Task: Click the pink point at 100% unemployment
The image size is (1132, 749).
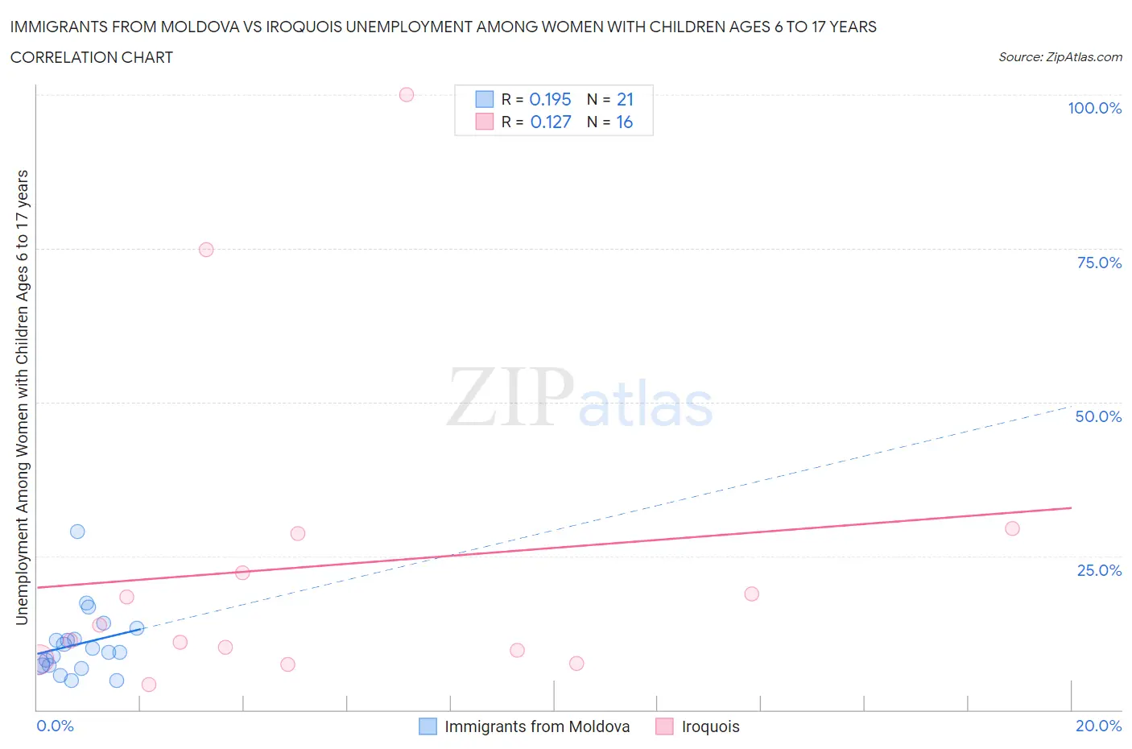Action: tap(407, 95)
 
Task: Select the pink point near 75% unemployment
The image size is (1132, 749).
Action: tap(206, 250)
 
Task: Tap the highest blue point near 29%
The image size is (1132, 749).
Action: tap(77, 532)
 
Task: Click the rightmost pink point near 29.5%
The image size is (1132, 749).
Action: tap(1012, 528)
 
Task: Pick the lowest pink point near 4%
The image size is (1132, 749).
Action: tap(149, 685)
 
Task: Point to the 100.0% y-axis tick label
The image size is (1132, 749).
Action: tap(1094, 108)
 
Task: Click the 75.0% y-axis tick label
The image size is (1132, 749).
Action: tap(1099, 263)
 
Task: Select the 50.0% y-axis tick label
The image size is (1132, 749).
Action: tap(1098, 416)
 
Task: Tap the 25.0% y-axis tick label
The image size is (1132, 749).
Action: tap(1099, 570)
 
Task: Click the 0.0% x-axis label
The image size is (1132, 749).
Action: tap(55, 726)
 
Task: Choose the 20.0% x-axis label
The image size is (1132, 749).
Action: tap(1098, 726)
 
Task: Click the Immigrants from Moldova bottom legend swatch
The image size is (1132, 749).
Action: tap(428, 726)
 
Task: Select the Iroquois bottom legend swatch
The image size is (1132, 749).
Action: tap(664, 726)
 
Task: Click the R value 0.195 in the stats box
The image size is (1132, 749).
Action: tap(550, 100)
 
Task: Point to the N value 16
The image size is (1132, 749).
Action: tap(625, 122)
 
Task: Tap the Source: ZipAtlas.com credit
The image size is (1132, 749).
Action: tap(1060, 57)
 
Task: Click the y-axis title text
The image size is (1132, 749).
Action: tap(22, 398)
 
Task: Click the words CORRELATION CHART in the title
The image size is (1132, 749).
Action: tap(92, 57)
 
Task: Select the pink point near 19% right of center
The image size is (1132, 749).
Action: tap(751, 594)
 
